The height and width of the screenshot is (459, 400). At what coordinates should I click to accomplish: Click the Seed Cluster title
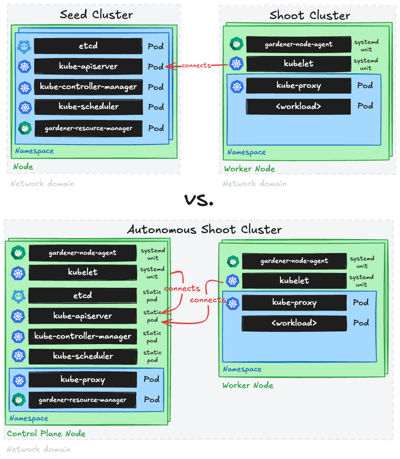point(96,15)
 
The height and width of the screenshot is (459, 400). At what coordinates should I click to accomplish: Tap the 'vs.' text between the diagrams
point(199,200)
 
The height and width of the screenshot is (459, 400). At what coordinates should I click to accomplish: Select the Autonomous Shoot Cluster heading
point(204,230)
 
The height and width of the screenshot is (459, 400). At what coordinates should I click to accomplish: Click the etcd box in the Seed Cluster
point(88,46)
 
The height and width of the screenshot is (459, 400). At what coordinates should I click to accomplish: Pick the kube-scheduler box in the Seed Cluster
point(88,107)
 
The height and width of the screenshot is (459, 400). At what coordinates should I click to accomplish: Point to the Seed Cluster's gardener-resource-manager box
point(88,128)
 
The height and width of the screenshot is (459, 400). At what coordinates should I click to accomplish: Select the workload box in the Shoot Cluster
point(299,106)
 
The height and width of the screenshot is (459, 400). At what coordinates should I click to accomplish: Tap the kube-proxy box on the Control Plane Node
point(83,380)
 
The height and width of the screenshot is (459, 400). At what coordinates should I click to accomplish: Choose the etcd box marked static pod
point(83,295)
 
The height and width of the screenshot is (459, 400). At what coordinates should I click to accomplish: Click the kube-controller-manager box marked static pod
point(83,337)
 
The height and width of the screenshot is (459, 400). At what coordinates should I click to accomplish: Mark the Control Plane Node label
point(46,434)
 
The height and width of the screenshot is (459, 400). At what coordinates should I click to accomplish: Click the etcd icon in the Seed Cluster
point(24,46)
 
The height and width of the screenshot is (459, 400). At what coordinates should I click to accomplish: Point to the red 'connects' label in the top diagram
point(196,65)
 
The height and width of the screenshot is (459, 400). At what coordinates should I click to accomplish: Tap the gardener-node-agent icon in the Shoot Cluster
point(236,44)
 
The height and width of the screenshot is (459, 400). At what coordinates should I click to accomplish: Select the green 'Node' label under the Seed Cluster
point(23,167)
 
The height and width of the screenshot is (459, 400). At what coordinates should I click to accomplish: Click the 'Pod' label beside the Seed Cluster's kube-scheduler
point(156,107)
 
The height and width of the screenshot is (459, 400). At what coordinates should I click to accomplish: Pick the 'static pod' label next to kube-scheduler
point(152,356)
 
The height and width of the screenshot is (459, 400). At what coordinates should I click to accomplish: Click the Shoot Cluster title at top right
point(310,16)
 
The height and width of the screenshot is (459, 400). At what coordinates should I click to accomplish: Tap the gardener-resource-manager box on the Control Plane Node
point(83,400)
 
